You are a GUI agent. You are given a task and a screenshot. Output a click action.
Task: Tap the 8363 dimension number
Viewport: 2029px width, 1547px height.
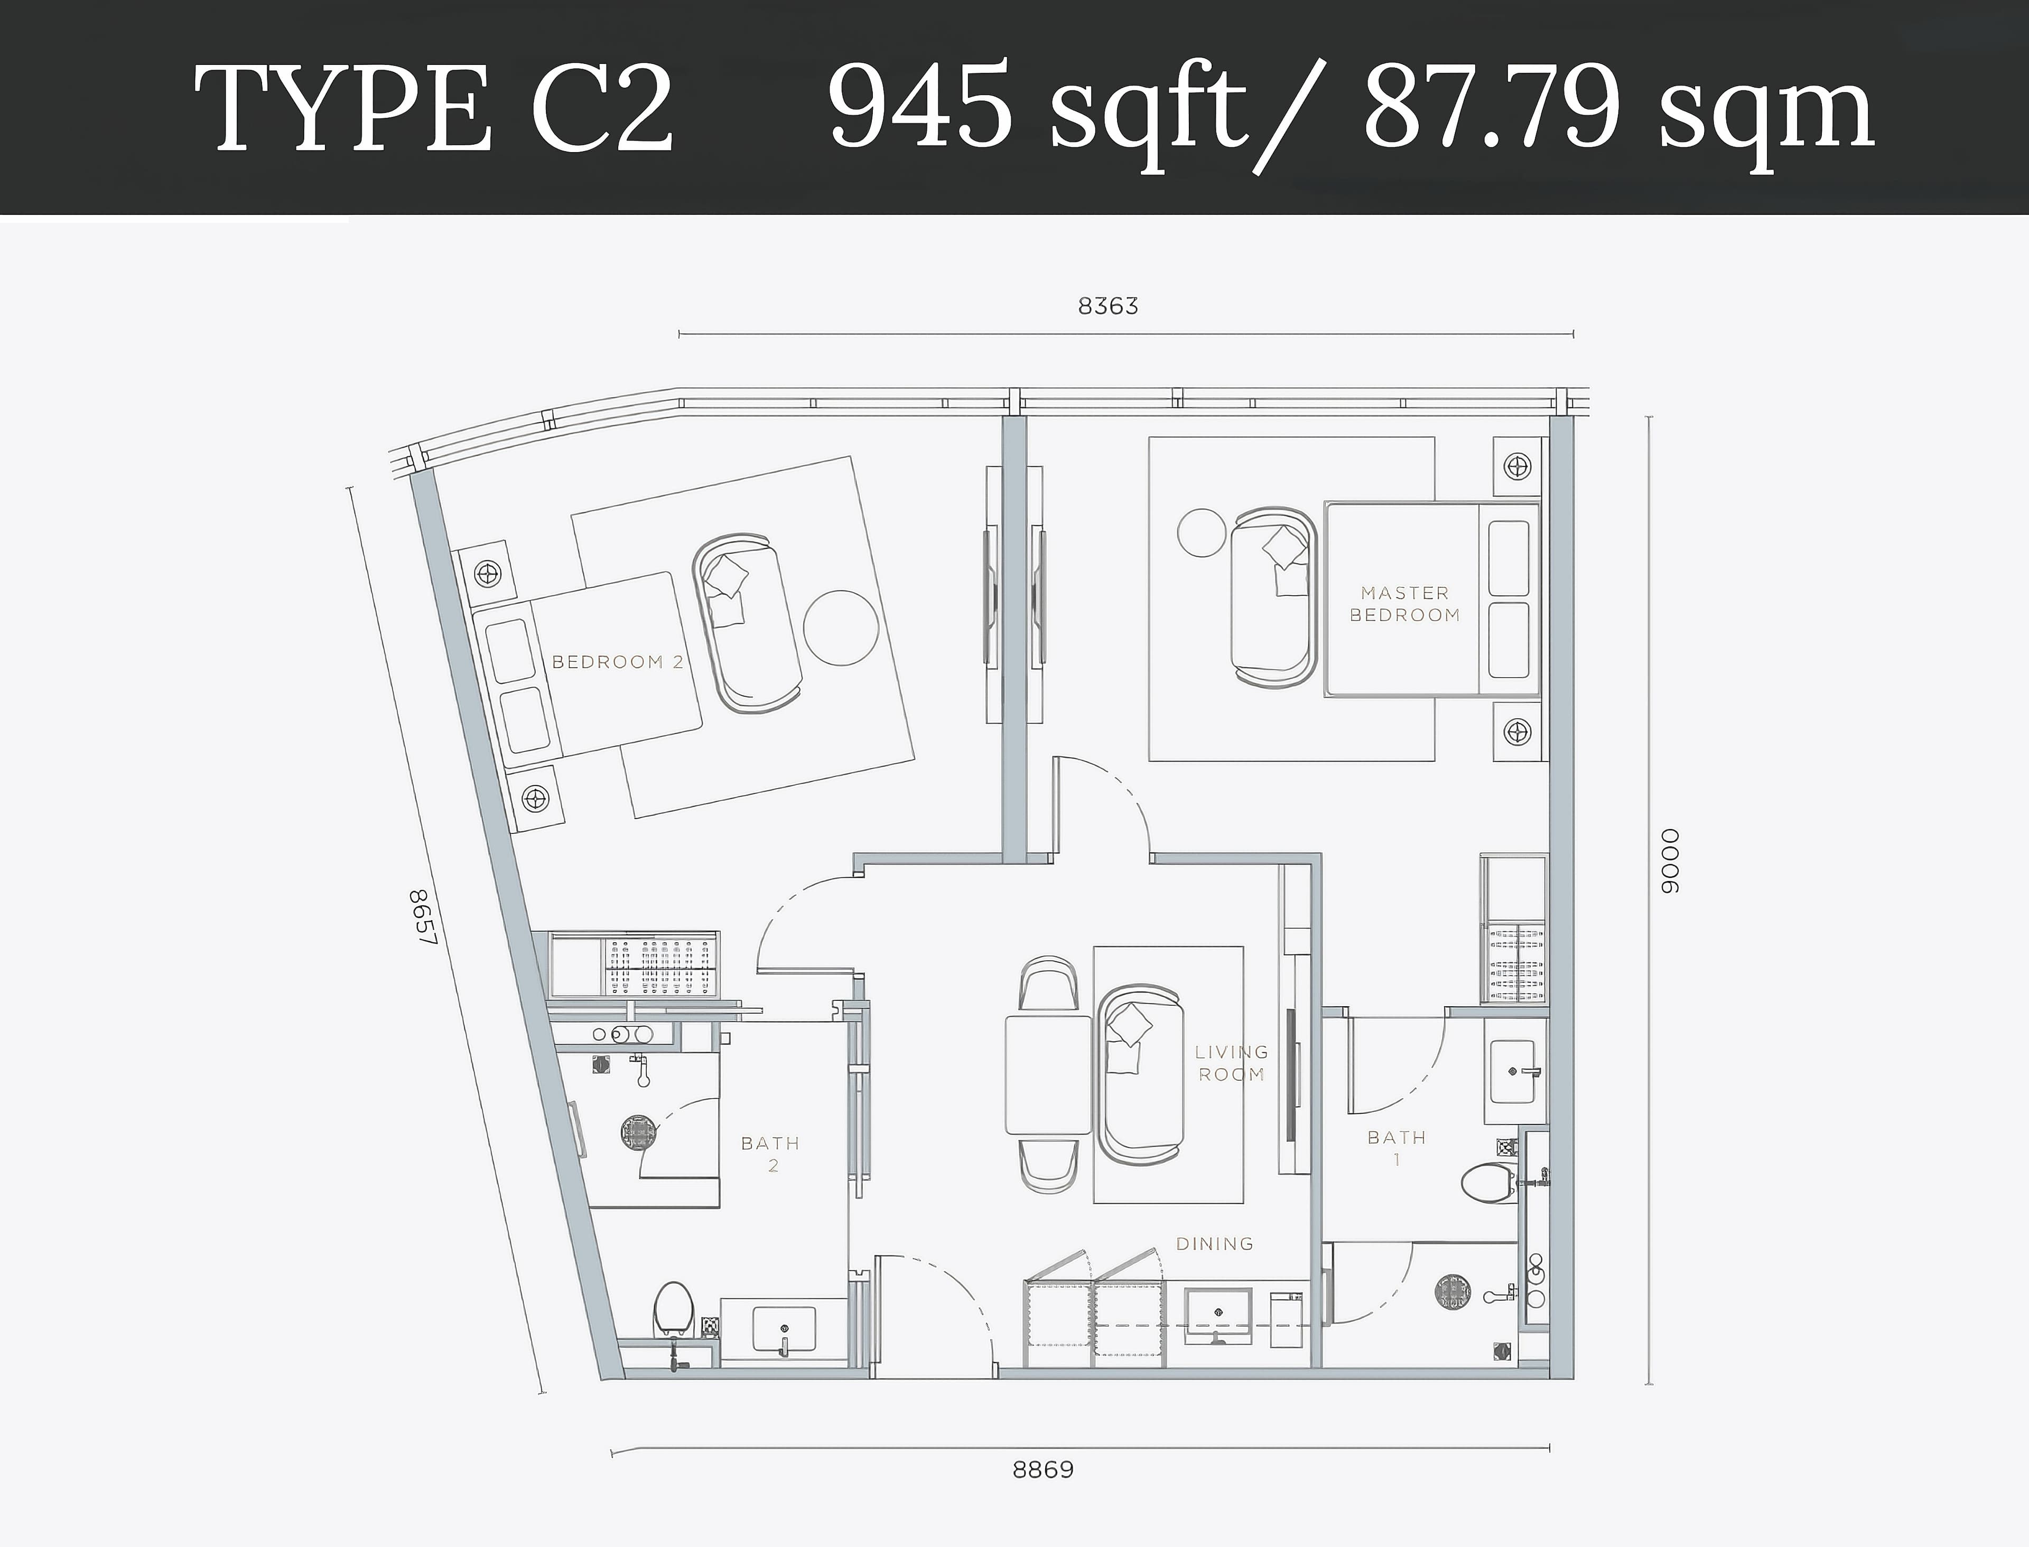point(1108,306)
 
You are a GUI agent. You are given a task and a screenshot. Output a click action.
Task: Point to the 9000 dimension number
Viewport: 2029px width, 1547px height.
point(1670,861)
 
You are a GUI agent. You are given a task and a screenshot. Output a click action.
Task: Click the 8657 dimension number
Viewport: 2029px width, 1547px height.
point(421,916)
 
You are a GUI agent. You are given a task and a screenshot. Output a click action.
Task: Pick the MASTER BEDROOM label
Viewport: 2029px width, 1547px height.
point(1404,604)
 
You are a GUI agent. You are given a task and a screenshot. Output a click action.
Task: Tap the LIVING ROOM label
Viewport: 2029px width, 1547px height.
point(1231,1063)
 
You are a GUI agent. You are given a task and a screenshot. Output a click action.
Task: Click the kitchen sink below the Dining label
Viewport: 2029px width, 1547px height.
point(1217,1315)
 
